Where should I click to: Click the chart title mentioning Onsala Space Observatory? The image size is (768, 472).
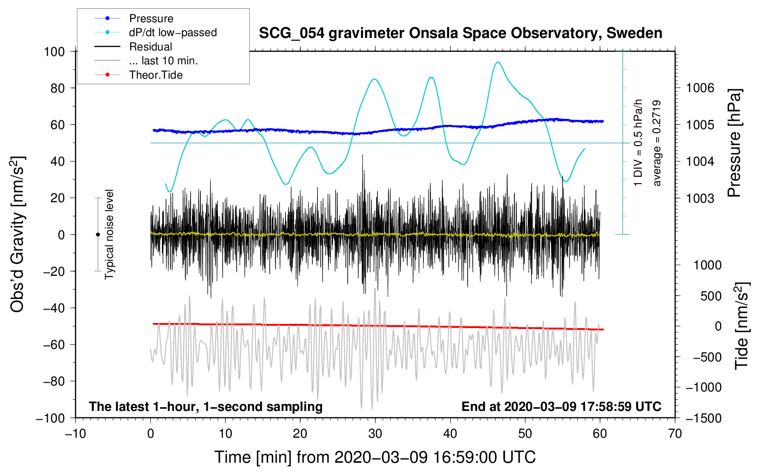pyautogui.click(x=460, y=33)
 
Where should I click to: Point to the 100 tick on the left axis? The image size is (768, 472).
pyautogui.click(x=54, y=51)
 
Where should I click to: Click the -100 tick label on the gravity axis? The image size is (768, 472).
pyautogui.click(x=50, y=418)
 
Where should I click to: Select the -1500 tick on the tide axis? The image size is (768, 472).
pyautogui.click(x=704, y=418)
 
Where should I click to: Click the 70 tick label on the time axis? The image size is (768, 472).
pyautogui.click(x=675, y=434)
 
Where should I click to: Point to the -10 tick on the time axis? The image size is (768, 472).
pyautogui.click(x=75, y=434)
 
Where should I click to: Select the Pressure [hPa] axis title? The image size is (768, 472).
pyautogui.click(x=734, y=143)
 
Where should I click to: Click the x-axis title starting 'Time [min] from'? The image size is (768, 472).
pyautogui.click(x=375, y=457)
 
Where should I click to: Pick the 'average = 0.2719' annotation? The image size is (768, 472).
pyautogui.click(x=657, y=143)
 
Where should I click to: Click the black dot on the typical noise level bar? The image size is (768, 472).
pyautogui.click(x=98, y=235)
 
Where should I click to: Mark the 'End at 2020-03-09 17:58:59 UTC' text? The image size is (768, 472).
pyautogui.click(x=561, y=406)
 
